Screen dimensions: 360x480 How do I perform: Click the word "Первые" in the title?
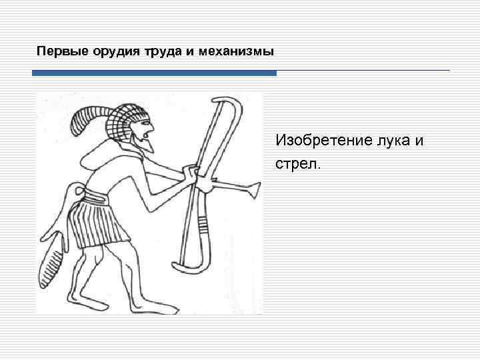click(x=56, y=51)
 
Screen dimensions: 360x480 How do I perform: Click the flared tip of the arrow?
click(x=254, y=192)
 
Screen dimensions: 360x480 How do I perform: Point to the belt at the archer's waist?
click(x=93, y=197)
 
